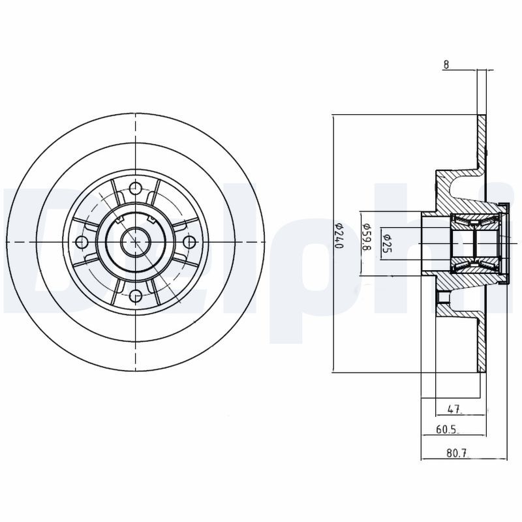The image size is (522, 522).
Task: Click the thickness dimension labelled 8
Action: coord(446,64)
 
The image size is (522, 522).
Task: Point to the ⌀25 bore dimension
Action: coord(386,242)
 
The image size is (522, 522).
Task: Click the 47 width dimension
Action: coord(455,410)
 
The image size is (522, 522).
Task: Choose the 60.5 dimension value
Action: coord(448,430)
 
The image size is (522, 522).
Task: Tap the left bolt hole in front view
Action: coord(81,243)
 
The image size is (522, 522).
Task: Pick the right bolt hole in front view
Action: coord(189,243)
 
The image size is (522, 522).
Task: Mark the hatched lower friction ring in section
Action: coord(482,346)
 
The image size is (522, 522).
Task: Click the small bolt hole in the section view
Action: coord(443,299)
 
